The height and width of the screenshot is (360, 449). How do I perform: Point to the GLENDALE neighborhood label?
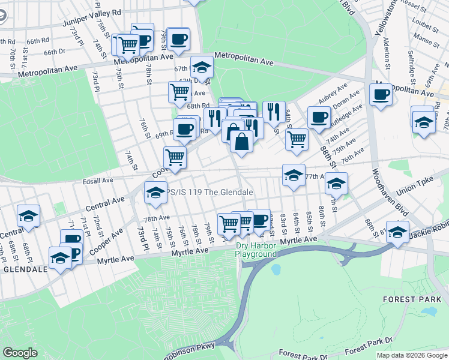25,269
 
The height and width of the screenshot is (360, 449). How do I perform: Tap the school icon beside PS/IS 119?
155,192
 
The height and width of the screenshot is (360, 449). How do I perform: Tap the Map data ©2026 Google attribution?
411,355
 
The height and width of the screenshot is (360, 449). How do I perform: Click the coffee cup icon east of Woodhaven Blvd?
381,94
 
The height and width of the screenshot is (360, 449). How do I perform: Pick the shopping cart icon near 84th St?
297,139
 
